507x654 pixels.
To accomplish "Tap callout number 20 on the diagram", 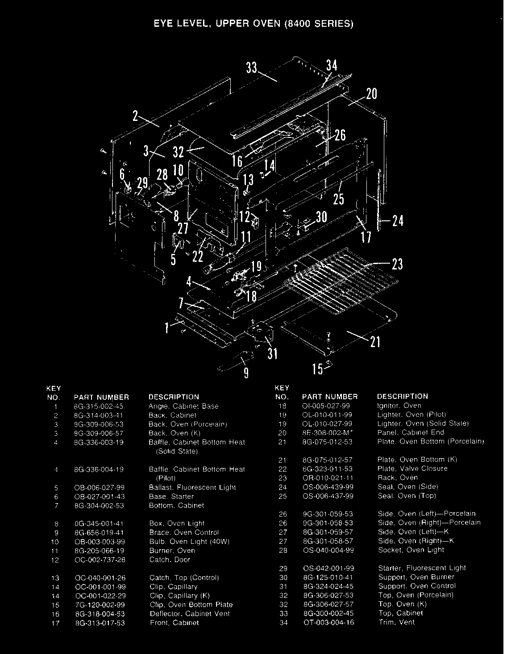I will coord(371,94).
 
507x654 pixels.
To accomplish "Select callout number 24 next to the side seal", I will coord(398,220).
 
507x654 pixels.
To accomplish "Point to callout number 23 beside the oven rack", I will coord(397,265).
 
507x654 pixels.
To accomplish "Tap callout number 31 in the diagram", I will coord(272,354).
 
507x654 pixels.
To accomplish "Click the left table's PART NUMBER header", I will coord(101,397).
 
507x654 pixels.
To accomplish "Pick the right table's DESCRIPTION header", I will coord(402,396).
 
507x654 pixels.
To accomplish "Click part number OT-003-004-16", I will coord(328,622).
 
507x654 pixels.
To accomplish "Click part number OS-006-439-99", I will coord(328,487).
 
